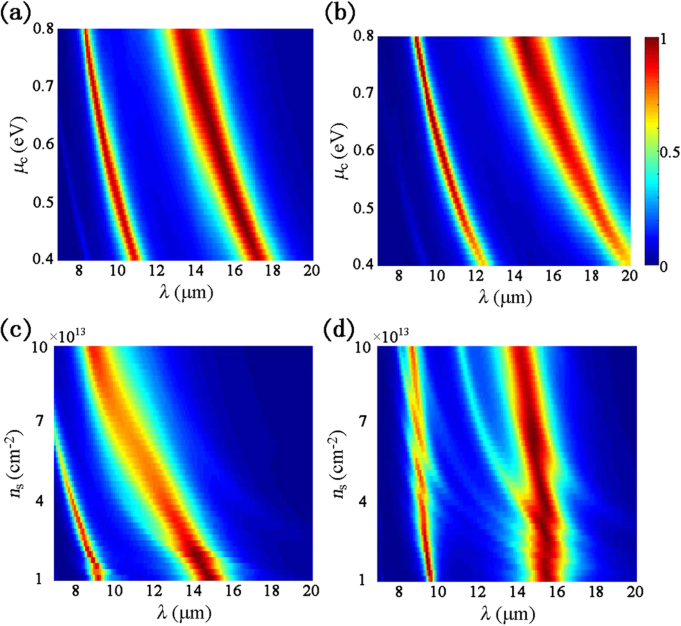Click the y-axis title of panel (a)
click(x=14, y=146)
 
